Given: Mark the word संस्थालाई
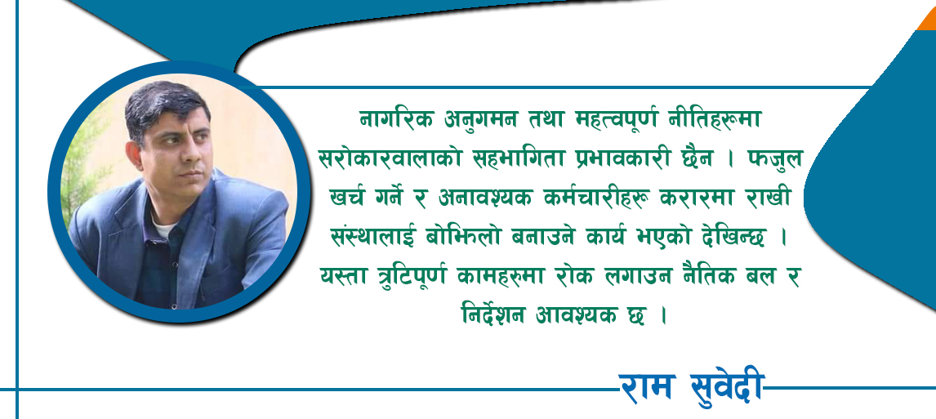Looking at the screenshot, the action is point(373,237).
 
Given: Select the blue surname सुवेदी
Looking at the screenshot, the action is point(726,389).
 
